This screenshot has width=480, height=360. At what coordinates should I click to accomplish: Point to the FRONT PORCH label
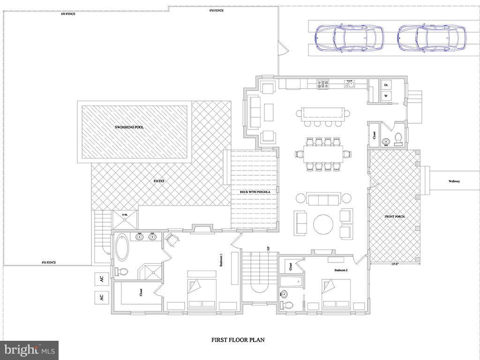394,217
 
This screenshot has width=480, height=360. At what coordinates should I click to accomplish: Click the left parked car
349,38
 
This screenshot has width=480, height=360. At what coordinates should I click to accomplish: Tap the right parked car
432,38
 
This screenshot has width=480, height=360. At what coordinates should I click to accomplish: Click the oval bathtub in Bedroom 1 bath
121,247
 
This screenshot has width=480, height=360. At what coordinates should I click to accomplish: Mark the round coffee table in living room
323,225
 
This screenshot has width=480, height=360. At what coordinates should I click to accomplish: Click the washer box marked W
386,96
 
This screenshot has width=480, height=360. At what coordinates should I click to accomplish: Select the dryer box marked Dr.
386,85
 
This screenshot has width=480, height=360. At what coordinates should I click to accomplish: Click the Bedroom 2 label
341,270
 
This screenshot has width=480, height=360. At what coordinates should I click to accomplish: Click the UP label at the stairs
268,248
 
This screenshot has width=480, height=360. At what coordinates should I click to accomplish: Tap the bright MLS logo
29,350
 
